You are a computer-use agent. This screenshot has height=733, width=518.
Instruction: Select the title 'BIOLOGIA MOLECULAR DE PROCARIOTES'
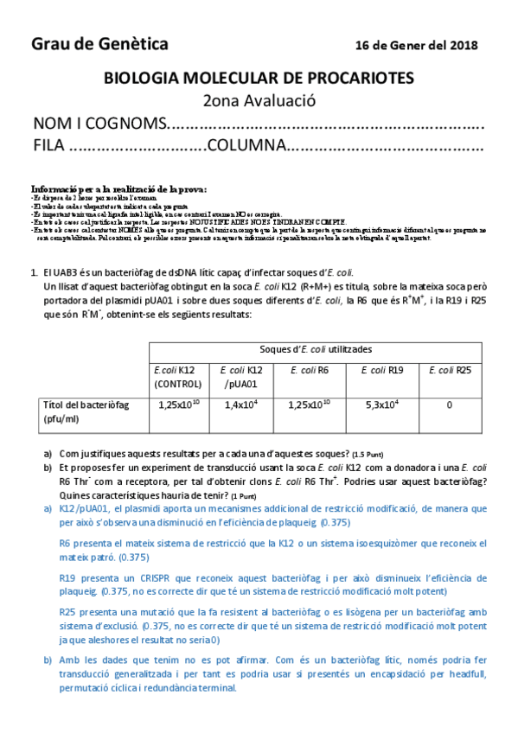tap(259, 79)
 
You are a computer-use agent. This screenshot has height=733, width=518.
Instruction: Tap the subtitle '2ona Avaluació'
tap(259, 100)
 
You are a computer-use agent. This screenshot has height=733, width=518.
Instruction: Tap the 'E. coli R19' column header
tap(385, 370)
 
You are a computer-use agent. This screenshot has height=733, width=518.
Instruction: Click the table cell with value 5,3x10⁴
tap(385, 404)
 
